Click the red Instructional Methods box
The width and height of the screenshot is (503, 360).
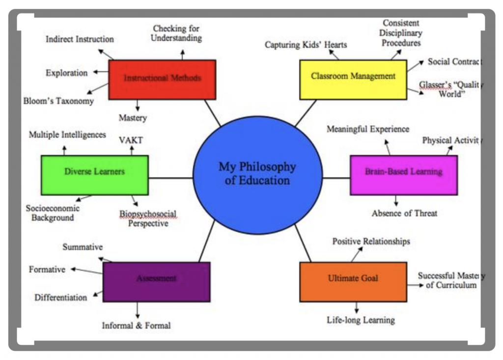pyautogui.click(x=162, y=79)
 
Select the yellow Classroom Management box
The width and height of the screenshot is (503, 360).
pyautogui.click(x=353, y=79)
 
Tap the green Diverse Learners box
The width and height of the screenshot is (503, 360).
pyautogui.click(x=94, y=175)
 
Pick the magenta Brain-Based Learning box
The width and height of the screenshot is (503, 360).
pyautogui.click(x=403, y=175)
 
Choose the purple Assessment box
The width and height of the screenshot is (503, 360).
pyautogui.click(x=156, y=281)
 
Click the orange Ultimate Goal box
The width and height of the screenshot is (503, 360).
pyautogui.click(x=353, y=281)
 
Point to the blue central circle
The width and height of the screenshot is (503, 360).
pyautogui.click(x=257, y=175)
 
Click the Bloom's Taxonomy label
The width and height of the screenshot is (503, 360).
pyautogui.click(x=58, y=101)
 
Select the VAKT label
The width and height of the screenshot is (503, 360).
pyautogui.click(x=131, y=140)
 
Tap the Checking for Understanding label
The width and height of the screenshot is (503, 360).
pyautogui.click(x=176, y=33)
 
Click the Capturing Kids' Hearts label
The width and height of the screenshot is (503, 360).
pyautogui.click(x=306, y=45)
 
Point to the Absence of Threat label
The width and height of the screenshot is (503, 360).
pyautogui.click(x=404, y=213)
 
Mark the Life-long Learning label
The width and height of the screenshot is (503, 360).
pyautogui.click(x=361, y=320)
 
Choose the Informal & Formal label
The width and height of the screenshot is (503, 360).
pyautogui.click(x=137, y=325)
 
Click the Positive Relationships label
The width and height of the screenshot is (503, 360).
pyautogui.click(x=371, y=241)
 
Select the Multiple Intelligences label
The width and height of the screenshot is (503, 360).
pyautogui.click(x=67, y=135)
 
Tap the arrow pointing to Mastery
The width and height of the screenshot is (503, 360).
pyautogui.click(x=138, y=105)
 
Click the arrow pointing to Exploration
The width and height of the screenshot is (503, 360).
pyautogui.click(x=101, y=73)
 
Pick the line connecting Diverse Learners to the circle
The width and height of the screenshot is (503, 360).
pyautogui.click(x=170, y=177)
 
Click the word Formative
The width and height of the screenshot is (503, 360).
pyautogui.click(x=47, y=270)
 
